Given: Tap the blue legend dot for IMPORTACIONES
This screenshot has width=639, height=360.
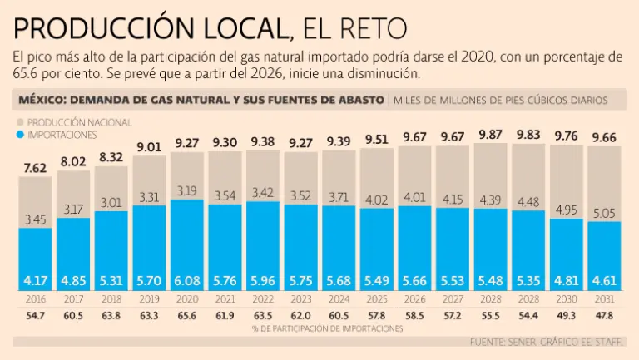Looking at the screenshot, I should point(21,133).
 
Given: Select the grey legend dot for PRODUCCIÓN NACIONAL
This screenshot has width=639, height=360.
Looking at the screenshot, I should point(21,121).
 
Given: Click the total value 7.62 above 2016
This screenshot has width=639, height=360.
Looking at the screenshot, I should point(34,169).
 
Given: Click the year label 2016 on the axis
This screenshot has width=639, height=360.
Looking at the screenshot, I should point(34,298).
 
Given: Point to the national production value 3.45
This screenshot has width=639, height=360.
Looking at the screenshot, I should point(34,219).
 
